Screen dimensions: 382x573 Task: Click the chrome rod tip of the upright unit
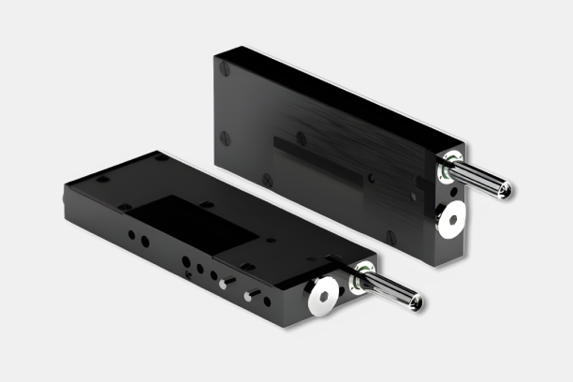pos(506,191)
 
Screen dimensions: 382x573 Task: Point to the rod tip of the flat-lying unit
pos(416,302)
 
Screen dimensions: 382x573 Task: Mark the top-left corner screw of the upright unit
pos(225,68)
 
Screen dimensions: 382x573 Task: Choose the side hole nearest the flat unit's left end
pos(130,236)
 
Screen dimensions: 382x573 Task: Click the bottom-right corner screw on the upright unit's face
pos(390,239)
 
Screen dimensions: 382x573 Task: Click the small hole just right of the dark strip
pos(372,178)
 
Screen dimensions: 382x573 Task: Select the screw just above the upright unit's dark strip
pos(301,138)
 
